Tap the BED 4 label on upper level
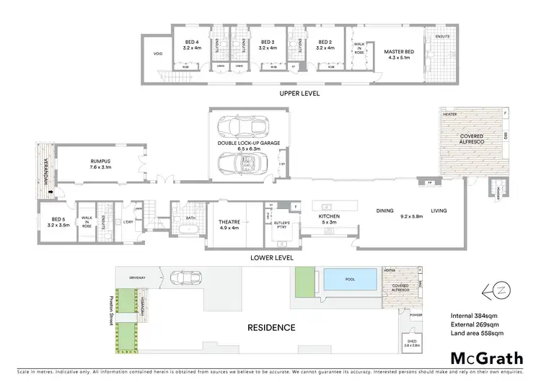(190, 43)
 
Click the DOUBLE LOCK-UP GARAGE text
(248, 143)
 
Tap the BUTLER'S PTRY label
(281, 225)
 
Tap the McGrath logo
(488, 358)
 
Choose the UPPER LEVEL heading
(299, 94)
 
